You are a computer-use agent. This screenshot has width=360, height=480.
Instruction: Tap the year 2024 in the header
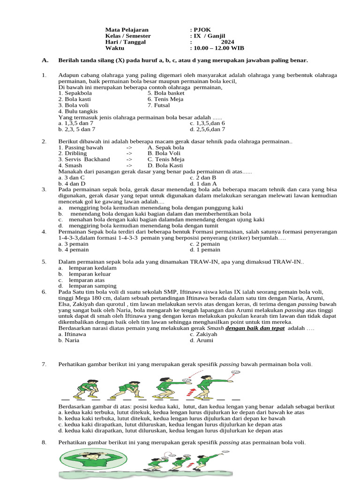(227, 42)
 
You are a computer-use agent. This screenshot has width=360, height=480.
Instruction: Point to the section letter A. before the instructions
(45, 60)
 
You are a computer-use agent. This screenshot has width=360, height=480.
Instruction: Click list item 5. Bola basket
(166, 93)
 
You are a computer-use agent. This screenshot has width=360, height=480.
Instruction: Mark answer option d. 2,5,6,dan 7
(207, 129)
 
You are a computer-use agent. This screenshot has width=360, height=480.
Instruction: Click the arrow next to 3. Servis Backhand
(129, 159)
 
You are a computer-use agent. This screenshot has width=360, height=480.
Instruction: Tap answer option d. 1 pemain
(205, 250)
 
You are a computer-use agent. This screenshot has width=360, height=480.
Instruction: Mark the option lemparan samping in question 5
(92, 285)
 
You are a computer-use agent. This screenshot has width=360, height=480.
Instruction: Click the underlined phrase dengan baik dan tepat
(255, 329)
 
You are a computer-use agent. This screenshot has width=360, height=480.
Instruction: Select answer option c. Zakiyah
(203, 335)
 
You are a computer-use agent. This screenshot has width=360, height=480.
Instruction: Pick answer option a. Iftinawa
(72, 335)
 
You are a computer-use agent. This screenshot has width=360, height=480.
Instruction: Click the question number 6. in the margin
(44, 292)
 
